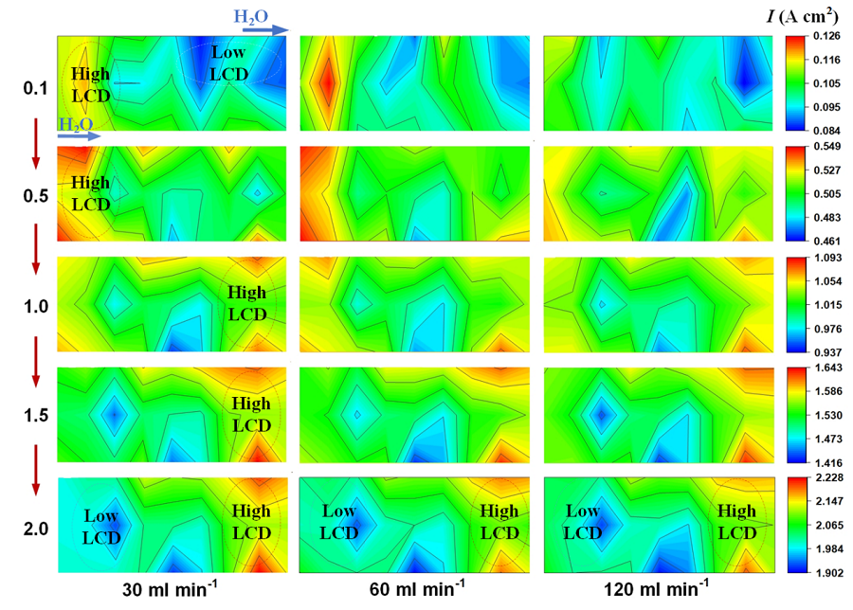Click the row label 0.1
coord(36,88)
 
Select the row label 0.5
coord(36,196)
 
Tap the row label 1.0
coord(36,306)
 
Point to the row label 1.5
coord(36,416)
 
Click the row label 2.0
coord(36,528)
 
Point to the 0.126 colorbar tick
coord(828,38)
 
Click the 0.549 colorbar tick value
coord(828,148)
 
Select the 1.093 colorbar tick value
coord(828,259)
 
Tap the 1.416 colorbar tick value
coord(828,464)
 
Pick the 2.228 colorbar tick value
coord(828,479)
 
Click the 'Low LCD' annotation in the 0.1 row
coord(228,62)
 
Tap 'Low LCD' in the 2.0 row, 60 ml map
coord(338,522)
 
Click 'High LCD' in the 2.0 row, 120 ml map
coord(736,522)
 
